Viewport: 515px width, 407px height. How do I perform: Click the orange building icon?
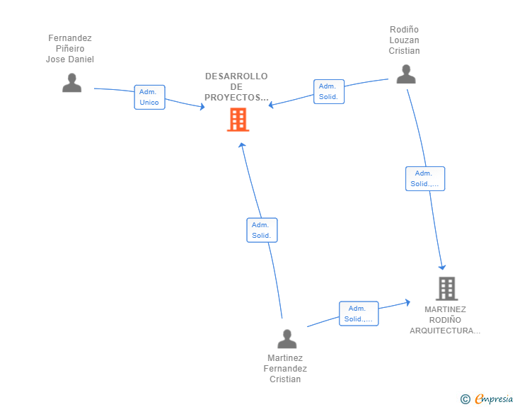coord(238,120)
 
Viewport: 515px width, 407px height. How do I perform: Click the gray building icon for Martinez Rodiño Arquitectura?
coord(446,289)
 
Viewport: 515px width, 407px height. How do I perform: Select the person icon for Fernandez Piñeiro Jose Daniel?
coord(71,83)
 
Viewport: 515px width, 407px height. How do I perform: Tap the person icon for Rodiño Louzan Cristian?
coord(405,74)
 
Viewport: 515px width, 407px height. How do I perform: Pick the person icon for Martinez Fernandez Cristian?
coord(287,339)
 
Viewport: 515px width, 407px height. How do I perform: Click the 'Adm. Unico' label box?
coord(149,97)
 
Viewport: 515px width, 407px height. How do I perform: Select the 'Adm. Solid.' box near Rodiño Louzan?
coord(329,91)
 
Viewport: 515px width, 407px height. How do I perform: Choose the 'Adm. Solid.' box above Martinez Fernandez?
coord(262,230)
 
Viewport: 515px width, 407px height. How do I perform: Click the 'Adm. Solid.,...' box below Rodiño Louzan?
coord(424,178)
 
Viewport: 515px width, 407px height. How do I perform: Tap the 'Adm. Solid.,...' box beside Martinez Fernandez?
coord(359,314)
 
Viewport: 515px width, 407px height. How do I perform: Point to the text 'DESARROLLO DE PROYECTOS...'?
coord(236,87)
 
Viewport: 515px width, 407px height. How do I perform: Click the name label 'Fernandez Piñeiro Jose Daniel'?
coord(70,49)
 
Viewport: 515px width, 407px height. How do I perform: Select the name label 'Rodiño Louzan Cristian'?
coord(404,40)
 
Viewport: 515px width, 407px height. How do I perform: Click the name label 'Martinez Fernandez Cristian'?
coord(285,369)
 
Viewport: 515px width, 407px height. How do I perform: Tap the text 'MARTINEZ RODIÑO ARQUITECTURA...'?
coord(445,320)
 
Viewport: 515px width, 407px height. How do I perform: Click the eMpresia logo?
coord(494,399)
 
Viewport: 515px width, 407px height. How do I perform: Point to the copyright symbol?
coord(465,399)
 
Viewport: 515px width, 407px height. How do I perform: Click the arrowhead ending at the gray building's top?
coord(443,267)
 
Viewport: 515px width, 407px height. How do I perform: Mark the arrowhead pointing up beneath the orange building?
coord(241,145)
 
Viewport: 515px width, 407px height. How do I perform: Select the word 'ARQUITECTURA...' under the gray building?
coord(445,331)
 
